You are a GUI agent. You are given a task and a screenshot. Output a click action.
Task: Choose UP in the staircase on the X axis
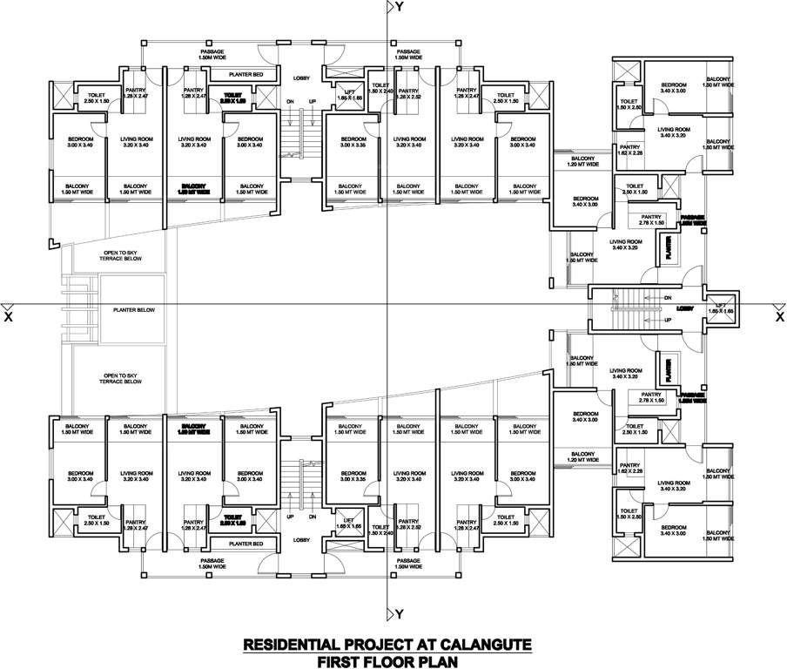[667, 321]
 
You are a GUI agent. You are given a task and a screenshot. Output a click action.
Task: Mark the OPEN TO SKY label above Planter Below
[119, 255]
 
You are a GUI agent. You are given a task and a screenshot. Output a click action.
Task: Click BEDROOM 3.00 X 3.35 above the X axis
[353, 142]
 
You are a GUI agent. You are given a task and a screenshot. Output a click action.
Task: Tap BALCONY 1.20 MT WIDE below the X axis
[582, 456]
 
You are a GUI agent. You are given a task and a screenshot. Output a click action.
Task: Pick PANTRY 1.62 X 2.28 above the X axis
[630, 151]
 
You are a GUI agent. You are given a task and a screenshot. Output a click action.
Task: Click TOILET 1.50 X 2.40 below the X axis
[381, 529]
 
